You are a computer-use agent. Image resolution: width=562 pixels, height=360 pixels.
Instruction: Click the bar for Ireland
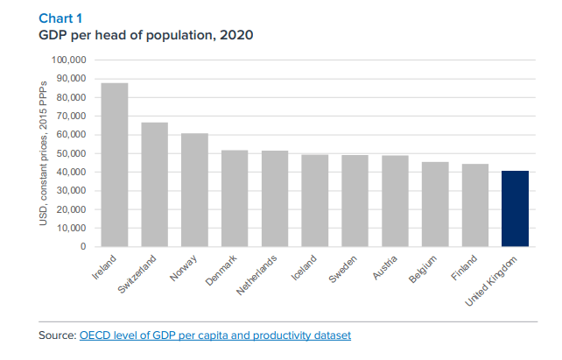click(x=115, y=165)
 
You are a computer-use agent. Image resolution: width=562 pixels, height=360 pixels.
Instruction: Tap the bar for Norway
click(x=194, y=190)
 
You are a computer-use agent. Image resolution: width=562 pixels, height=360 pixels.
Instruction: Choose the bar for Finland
click(x=475, y=205)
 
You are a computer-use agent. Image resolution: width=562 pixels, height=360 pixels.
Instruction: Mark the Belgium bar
click(x=435, y=204)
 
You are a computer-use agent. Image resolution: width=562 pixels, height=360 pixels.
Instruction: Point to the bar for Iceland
click(x=315, y=201)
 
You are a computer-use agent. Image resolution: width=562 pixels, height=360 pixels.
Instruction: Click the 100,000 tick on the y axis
click(x=69, y=60)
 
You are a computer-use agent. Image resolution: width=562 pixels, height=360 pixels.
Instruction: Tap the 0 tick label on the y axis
click(x=83, y=246)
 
